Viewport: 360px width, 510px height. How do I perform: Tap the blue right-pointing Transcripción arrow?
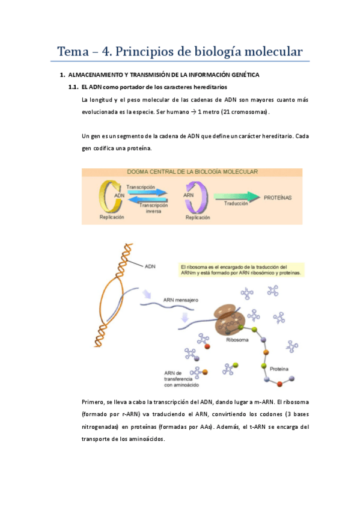(x=147, y=193)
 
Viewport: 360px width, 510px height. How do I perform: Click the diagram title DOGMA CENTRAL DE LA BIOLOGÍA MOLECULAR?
(x=192, y=171)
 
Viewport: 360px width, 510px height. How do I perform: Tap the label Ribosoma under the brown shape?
(x=237, y=340)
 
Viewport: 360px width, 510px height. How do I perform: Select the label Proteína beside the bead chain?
(x=279, y=368)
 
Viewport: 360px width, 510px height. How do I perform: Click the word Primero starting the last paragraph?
(x=93, y=402)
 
